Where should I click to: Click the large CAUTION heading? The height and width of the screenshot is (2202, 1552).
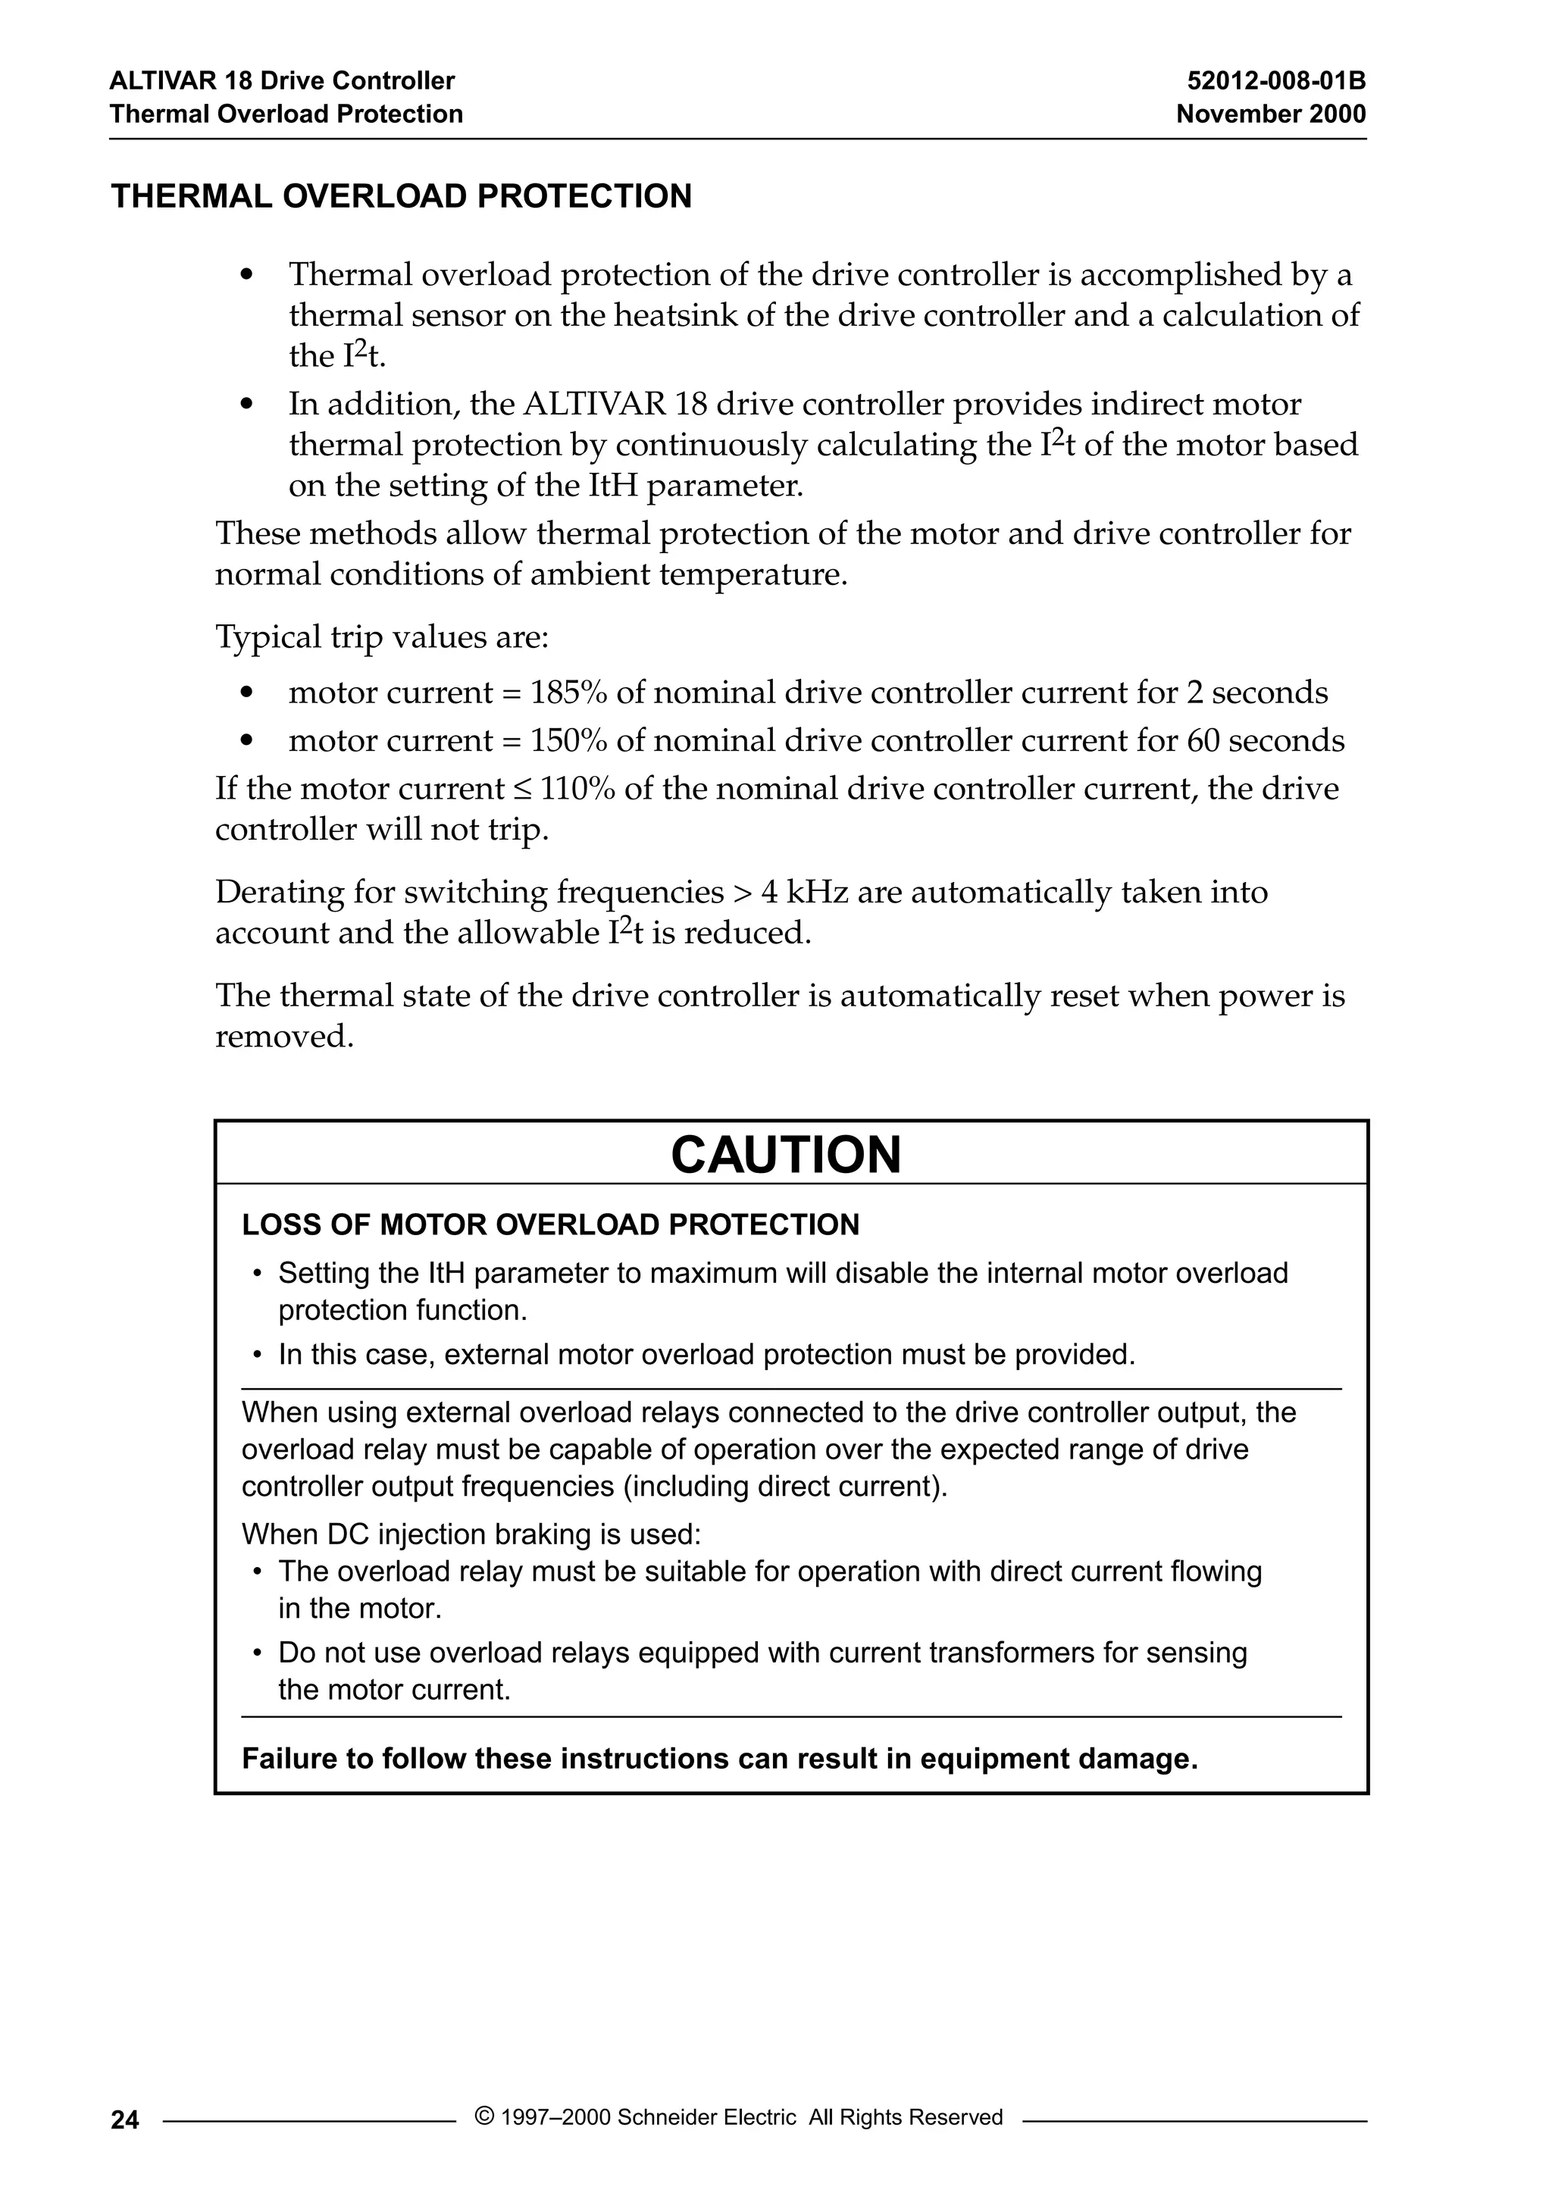[x=786, y=1155]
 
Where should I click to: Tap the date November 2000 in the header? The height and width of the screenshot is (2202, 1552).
[x=1270, y=114]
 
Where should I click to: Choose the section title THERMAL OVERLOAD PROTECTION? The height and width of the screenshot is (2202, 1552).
[x=401, y=196]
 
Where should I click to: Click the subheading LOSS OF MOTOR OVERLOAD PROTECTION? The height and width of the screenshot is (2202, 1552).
[x=551, y=1225]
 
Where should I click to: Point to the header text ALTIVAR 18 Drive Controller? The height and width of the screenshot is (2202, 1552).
[x=282, y=80]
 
